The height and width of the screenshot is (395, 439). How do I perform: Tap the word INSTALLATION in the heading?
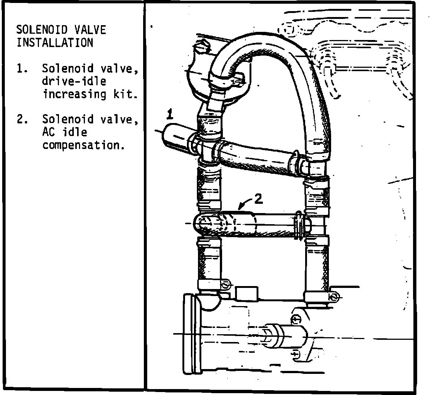point(55,43)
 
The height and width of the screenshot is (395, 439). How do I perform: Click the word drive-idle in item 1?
point(74,81)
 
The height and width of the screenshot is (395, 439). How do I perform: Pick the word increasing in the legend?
point(74,94)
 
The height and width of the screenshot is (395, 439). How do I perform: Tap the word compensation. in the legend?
point(83,145)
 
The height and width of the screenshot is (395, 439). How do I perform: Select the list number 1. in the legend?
point(22,69)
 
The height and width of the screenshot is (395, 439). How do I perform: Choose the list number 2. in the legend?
point(22,119)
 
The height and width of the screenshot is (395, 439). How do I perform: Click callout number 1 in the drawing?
point(170,114)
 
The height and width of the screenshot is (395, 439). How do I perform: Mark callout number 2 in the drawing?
point(258,199)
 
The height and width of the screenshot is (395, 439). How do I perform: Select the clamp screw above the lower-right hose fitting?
point(333,296)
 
